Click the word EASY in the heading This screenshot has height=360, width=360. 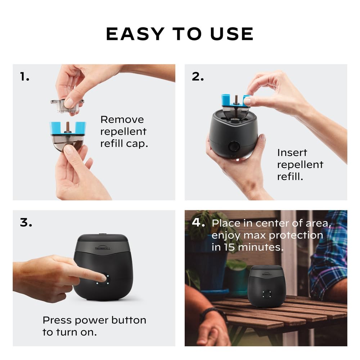[x=135, y=34]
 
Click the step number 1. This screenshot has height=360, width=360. [x=24, y=76]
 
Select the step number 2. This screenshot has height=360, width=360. [x=198, y=76]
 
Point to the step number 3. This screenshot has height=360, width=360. [x=26, y=222]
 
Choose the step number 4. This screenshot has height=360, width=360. [x=198, y=222]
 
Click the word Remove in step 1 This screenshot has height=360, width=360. [x=122, y=120]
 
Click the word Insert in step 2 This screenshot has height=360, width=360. [x=292, y=153]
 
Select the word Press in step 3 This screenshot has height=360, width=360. [x=57, y=320]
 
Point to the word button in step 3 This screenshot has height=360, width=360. [x=129, y=320]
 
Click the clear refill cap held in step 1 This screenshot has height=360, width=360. [x=67, y=106]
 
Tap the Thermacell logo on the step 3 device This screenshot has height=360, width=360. [x=103, y=248]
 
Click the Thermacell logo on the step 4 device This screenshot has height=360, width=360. [x=267, y=274]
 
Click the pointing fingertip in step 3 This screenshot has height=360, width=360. [x=103, y=278]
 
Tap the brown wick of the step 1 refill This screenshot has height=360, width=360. [x=68, y=127]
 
